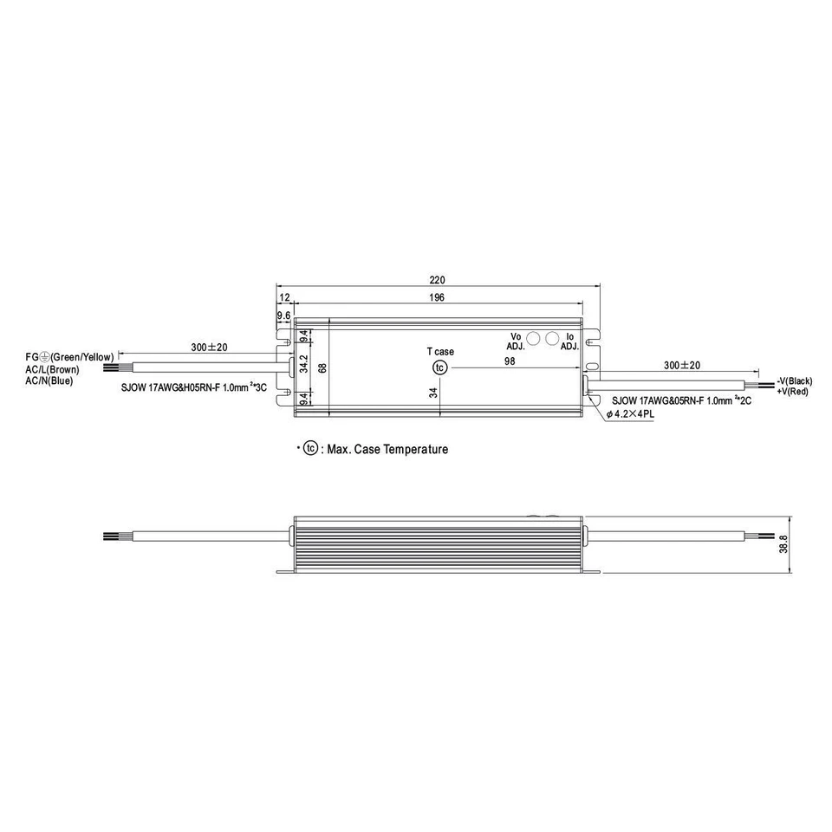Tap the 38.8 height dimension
tap(783, 543)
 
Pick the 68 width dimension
tap(322, 367)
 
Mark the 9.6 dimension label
tap(283, 315)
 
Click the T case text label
tap(439, 352)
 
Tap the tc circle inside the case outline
tap(440, 367)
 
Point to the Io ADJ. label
tap(569, 341)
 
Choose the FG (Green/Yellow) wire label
tap(69, 357)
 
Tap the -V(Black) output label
tap(794, 381)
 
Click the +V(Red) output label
tap(792, 392)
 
